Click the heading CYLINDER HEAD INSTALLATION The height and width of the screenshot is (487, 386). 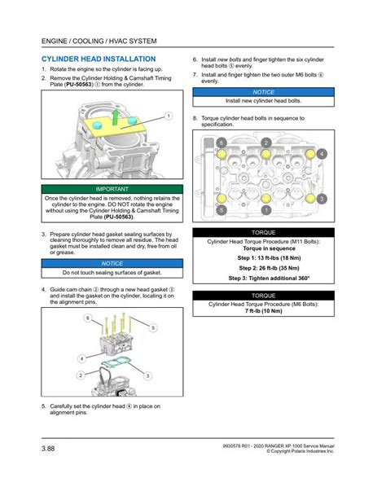[99, 59]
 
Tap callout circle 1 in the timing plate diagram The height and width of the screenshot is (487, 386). [169, 116]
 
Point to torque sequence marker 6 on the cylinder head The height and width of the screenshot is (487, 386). [222, 143]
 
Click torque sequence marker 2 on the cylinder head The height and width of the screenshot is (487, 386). [266, 143]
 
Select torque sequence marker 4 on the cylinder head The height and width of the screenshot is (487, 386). [322, 153]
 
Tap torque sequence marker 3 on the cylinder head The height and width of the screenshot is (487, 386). [322, 198]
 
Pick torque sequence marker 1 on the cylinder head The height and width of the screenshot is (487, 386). [266, 210]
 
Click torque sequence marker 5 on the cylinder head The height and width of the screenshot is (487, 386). [222, 210]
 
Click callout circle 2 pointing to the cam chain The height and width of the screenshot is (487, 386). [80, 375]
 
